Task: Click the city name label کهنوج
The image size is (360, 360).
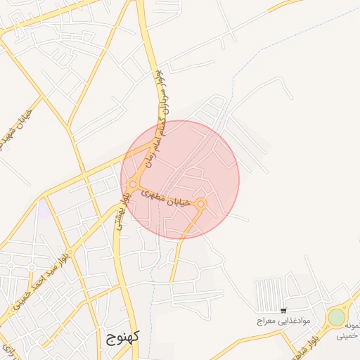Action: (x=123, y=335)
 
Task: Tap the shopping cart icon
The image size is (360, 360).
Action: (x=283, y=311)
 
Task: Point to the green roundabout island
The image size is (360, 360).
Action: (x=337, y=317)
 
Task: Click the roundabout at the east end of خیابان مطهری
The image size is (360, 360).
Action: (x=201, y=204)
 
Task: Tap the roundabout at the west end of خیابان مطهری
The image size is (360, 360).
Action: (x=133, y=184)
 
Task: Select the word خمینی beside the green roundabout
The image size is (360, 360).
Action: (x=348, y=337)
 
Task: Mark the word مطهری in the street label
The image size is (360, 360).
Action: (x=155, y=193)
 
